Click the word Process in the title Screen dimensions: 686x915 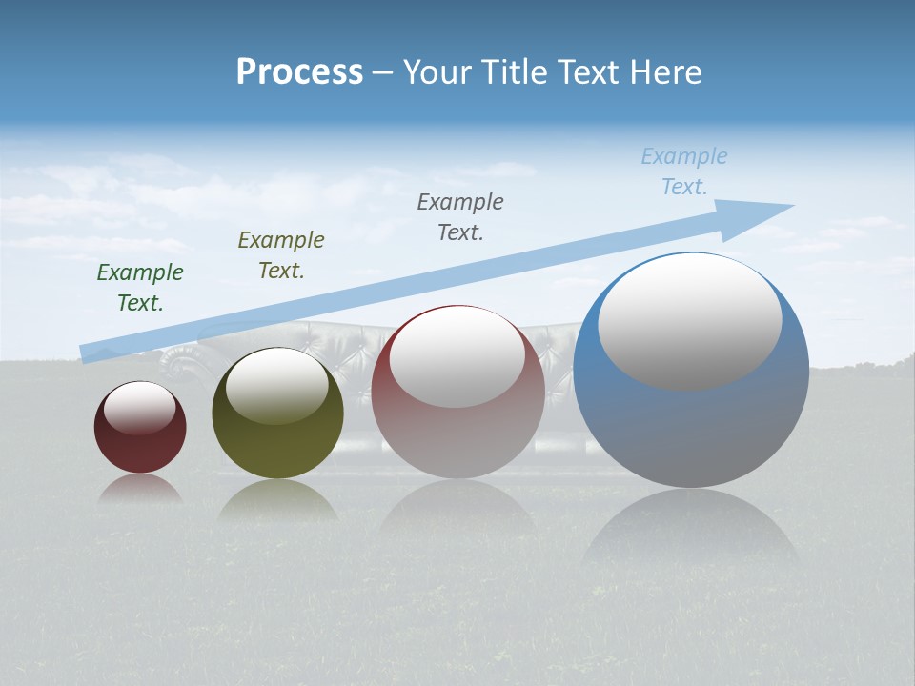(x=299, y=72)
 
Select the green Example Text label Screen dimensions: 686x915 (x=140, y=288)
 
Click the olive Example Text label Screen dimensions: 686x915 (x=281, y=255)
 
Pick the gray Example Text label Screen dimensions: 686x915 (x=460, y=216)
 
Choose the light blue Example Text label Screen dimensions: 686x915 (x=684, y=171)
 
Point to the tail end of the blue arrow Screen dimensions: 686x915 (x=89, y=353)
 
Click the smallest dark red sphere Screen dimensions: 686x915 (x=140, y=448)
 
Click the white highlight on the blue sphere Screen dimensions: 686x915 (x=690, y=321)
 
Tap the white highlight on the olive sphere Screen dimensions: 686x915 (x=277, y=384)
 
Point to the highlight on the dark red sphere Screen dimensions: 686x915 (x=140, y=407)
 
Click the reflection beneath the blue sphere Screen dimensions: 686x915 (x=691, y=534)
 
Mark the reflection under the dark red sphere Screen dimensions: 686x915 (x=140, y=488)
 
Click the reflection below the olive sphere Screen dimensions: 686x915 (x=277, y=500)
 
